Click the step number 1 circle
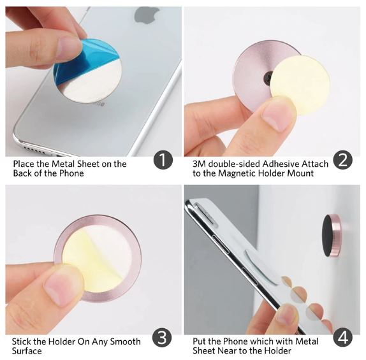163,160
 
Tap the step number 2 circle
343,160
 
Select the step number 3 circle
162,338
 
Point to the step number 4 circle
343,337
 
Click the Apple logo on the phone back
146,15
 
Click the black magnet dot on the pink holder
268,78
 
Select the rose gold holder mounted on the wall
332,235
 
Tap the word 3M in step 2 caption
199,164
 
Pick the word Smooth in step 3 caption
125,342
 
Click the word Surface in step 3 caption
27,351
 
